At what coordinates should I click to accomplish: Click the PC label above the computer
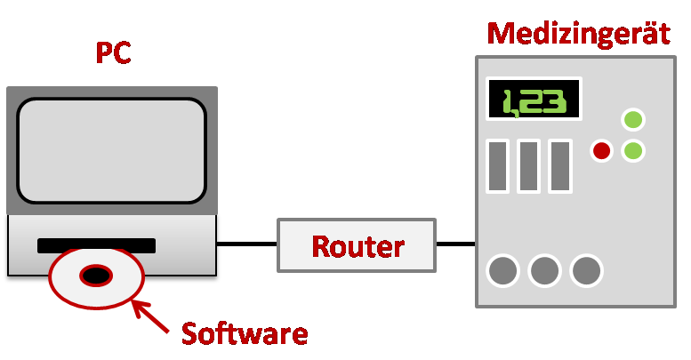click(x=113, y=52)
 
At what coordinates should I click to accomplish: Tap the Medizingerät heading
click(x=579, y=35)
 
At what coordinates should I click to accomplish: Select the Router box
click(x=357, y=245)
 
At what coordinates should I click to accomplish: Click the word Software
click(x=245, y=333)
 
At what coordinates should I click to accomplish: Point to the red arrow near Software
click(x=150, y=316)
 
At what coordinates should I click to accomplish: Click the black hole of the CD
click(x=96, y=276)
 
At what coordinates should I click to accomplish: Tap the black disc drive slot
click(x=97, y=245)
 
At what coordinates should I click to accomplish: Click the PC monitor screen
click(x=112, y=151)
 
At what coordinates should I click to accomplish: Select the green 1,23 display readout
click(x=534, y=102)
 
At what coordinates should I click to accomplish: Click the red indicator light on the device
click(x=601, y=151)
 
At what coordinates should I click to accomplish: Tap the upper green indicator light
click(x=633, y=120)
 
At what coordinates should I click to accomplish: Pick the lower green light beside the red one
click(x=633, y=151)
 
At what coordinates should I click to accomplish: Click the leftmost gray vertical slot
click(x=497, y=166)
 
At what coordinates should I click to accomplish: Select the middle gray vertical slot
click(x=529, y=166)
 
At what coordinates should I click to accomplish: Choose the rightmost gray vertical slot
click(x=560, y=166)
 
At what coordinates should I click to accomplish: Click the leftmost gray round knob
click(x=503, y=270)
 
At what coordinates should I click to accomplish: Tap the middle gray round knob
click(x=544, y=270)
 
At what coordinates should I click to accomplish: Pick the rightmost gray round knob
click(x=586, y=270)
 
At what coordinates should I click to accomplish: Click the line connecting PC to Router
click(x=247, y=244)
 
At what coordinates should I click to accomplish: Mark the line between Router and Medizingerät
click(x=455, y=244)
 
